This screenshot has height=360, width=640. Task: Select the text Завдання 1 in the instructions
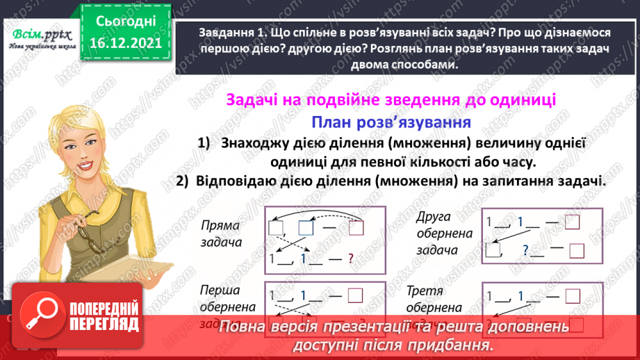227,32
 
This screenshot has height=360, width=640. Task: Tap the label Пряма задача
220,235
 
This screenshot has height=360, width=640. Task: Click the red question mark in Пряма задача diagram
352,259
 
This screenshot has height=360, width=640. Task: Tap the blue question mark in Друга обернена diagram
525,250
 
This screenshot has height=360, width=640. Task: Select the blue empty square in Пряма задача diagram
306,227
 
